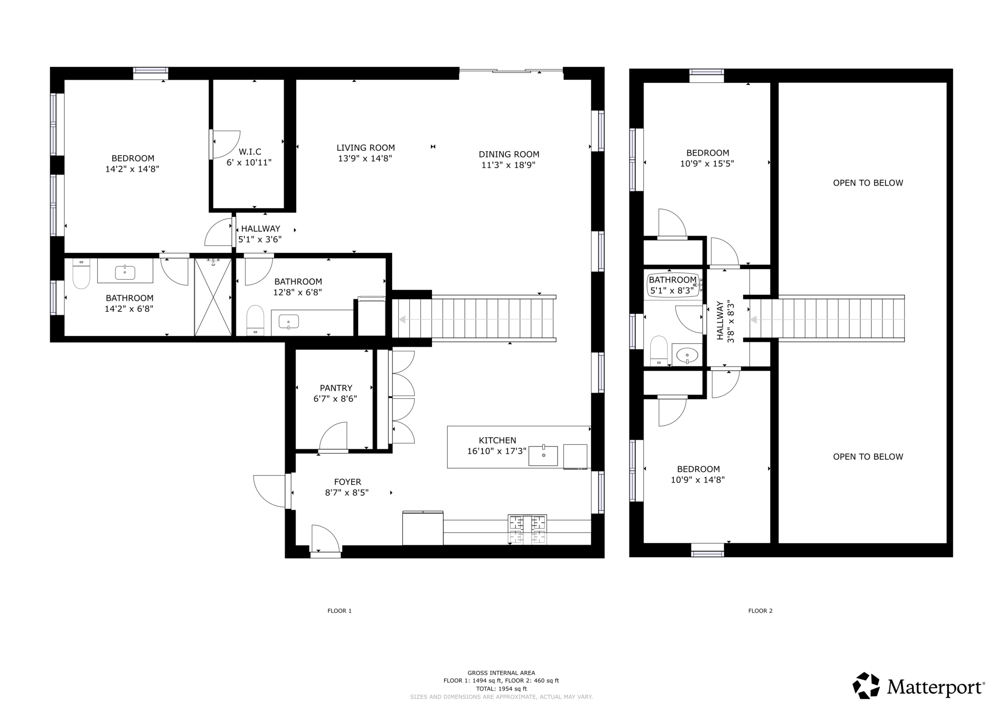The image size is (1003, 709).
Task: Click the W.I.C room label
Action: point(250,151)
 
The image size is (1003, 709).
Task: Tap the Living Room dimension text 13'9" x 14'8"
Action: point(365,158)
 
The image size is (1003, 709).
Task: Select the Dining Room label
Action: point(509,154)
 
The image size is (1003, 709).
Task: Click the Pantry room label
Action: point(336,388)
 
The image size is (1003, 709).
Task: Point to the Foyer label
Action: point(348,482)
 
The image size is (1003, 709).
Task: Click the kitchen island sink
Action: point(543,455)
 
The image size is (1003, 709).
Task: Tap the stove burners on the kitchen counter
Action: point(527,529)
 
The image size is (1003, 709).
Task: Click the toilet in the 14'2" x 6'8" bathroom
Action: point(81,273)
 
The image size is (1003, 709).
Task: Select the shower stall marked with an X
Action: point(213,297)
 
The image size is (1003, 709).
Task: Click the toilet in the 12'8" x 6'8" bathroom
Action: point(255,320)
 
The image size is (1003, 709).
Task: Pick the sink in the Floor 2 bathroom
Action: point(687,355)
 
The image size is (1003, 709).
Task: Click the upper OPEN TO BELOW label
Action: point(868,183)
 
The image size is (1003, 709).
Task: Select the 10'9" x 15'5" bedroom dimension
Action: point(707,164)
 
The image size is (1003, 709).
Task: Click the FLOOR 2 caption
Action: point(760,611)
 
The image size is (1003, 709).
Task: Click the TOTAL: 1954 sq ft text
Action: point(501,689)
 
